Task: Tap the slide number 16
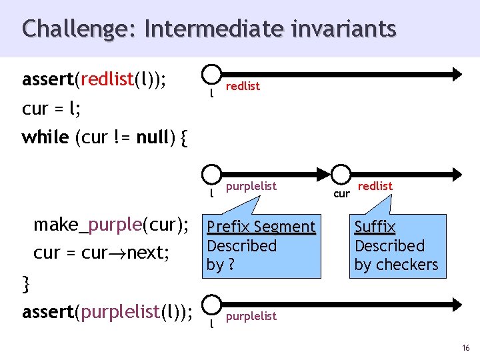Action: point(465,347)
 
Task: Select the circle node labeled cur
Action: point(341,173)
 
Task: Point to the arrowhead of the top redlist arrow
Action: point(456,74)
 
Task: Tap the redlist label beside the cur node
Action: point(375,186)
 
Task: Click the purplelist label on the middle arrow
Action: point(251,186)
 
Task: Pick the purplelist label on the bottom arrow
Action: point(251,316)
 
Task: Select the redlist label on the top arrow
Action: point(243,87)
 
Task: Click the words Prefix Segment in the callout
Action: point(261,227)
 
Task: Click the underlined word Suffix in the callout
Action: point(375,227)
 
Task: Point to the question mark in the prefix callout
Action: point(231,265)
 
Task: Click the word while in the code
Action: point(45,137)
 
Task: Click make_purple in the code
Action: point(88,225)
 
